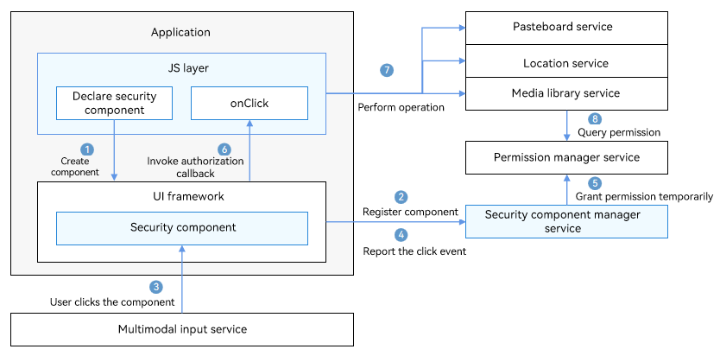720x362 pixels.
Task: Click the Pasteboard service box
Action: point(566,28)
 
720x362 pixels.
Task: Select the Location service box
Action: point(566,61)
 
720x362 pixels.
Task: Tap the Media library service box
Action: point(566,93)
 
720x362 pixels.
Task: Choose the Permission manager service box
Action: point(566,157)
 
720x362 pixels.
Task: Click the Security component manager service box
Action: point(566,221)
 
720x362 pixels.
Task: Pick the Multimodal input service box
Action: point(182,329)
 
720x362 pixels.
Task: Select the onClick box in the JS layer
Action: point(249,104)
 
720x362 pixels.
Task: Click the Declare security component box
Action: point(114,104)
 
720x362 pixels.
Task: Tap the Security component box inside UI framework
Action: point(182,228)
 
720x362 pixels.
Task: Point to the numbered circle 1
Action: point(87,149)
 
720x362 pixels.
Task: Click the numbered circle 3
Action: point(156,287)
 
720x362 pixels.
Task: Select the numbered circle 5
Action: point(595,183)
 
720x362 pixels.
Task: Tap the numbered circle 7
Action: point(387,70)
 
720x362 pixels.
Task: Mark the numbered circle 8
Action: point(595,119)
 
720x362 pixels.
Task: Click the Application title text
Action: point(180,32)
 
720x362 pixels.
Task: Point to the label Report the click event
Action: point(414,251)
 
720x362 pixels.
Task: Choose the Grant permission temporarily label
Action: point(644,197)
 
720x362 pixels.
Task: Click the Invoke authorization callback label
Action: point(195,168)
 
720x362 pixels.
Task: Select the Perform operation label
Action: point(401,107)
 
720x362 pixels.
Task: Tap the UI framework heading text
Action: point(188,196)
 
